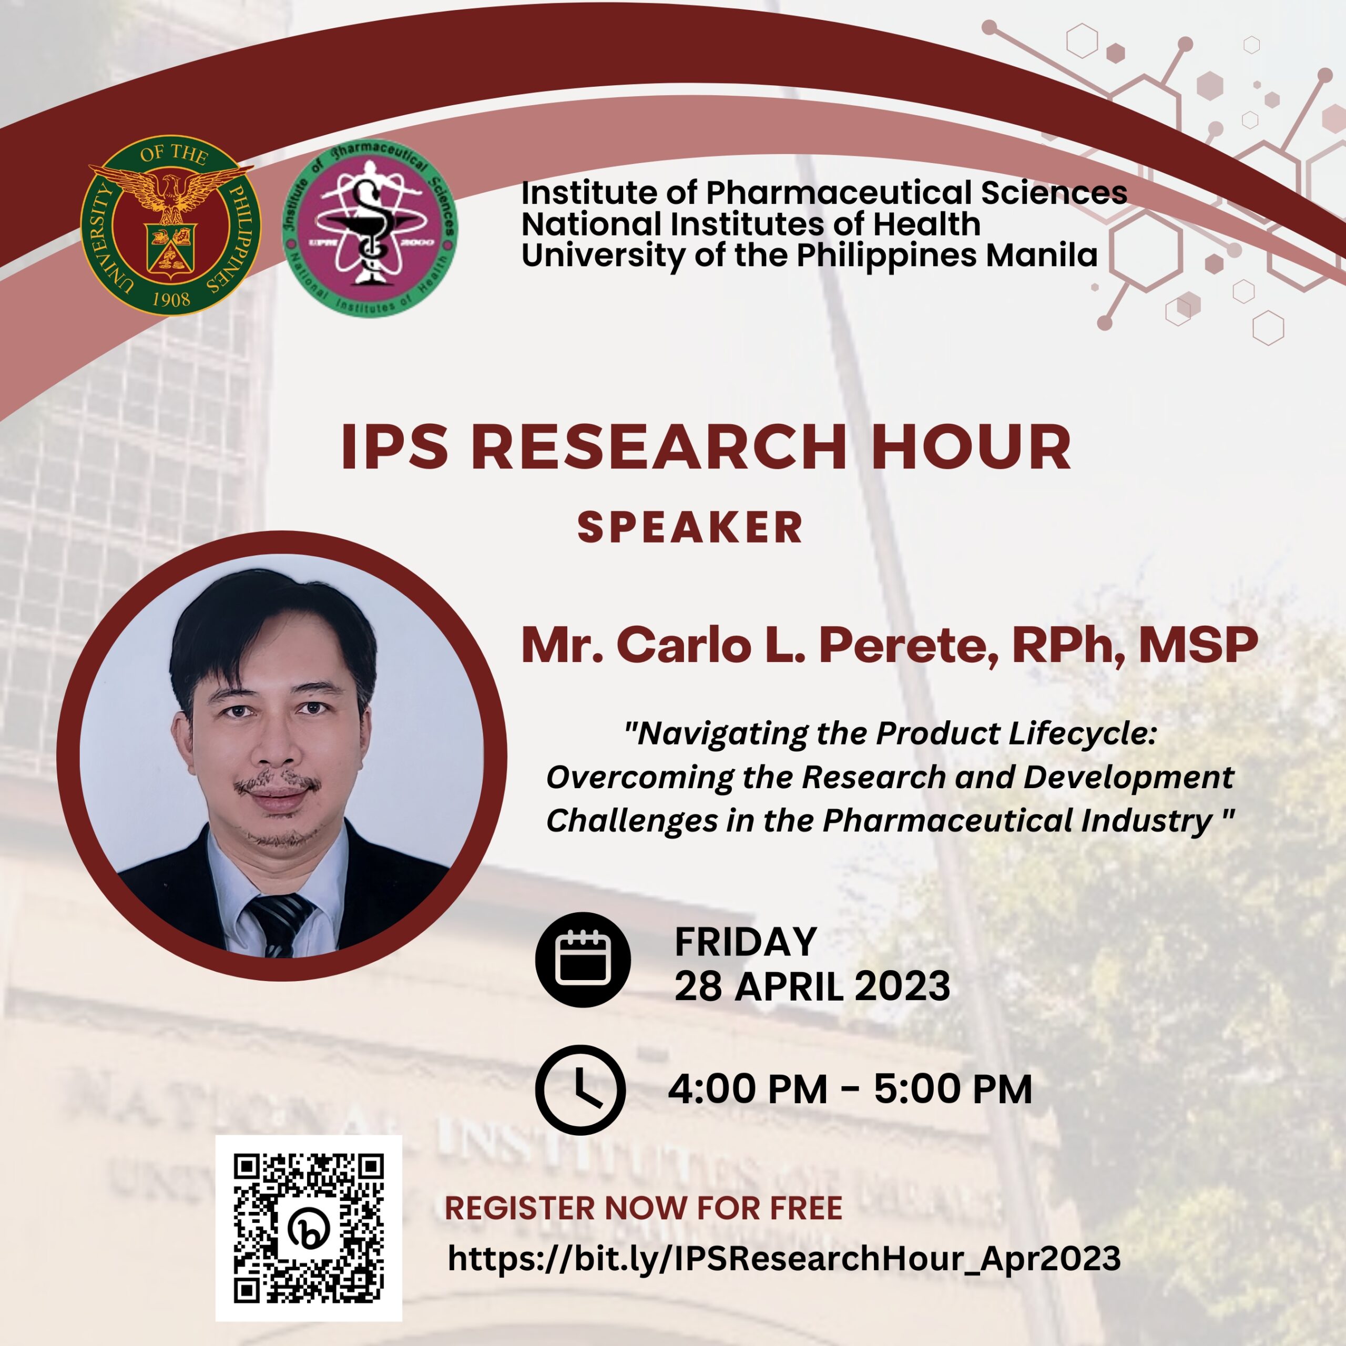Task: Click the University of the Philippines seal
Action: (171, 225)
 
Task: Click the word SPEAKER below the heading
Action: (690, 527)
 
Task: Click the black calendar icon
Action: (583, 958)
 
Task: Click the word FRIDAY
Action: (746, 942)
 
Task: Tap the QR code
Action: (309, 1228)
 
